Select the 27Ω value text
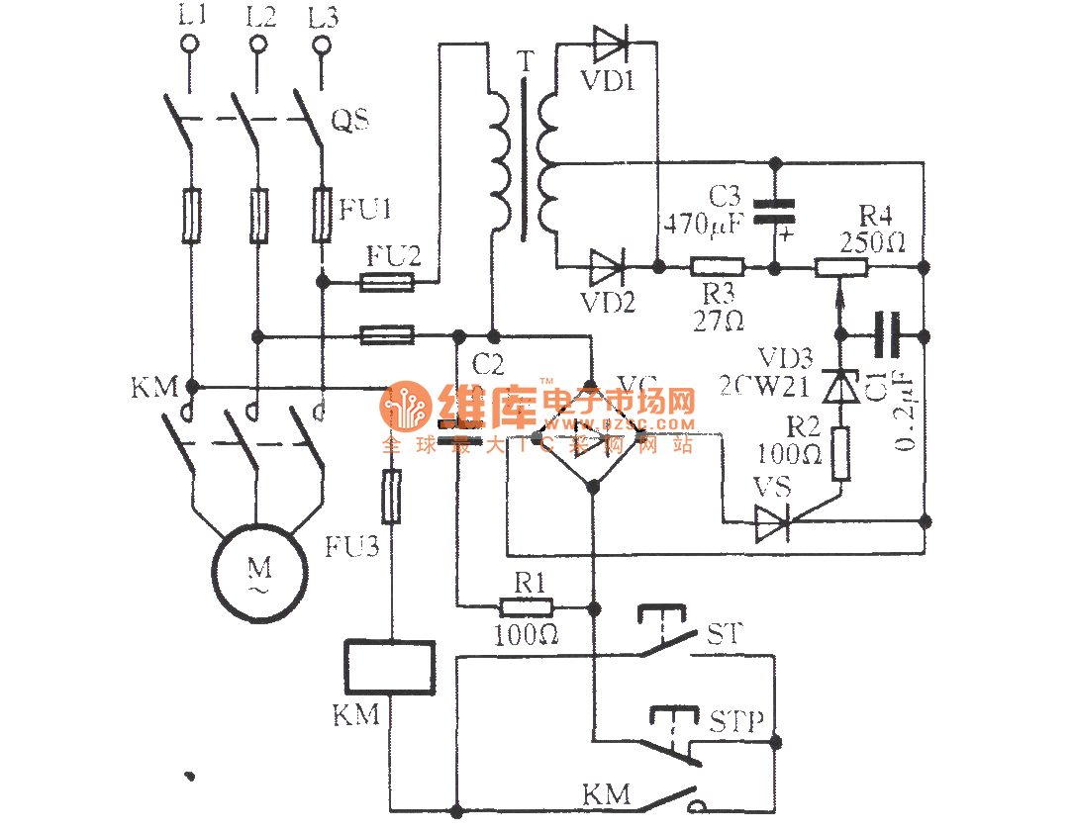720,320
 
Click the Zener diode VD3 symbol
840,385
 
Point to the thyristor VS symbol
773,523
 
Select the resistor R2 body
840,454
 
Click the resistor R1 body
526,606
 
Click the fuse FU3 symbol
392,497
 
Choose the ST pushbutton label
723,633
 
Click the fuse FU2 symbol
386,283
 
